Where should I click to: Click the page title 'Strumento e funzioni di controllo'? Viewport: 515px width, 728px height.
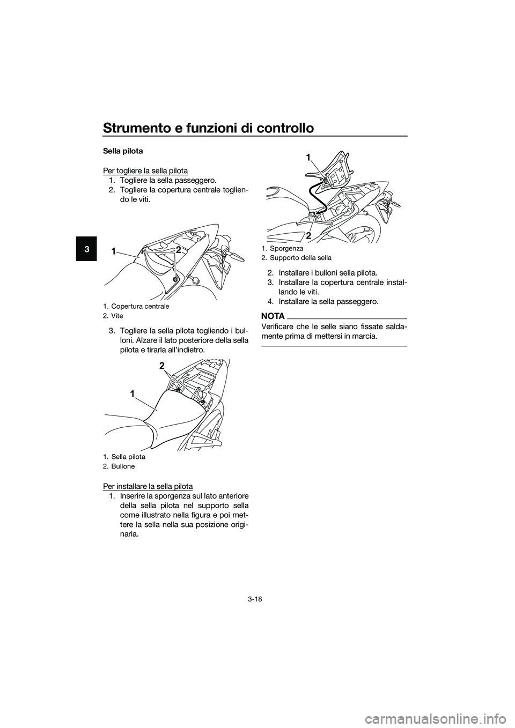(208, 128)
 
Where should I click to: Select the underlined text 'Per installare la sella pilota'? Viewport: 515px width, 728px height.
(148, 486)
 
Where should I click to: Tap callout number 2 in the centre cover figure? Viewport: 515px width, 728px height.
(178, 250)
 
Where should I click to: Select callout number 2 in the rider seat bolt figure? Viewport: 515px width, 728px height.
(161, 366)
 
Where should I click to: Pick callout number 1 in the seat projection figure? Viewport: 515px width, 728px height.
(308, 157)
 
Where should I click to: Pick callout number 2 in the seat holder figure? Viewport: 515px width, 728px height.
(308, 234)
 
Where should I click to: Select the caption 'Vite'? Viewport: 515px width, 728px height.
(117, 316)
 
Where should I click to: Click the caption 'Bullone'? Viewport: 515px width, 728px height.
(123, 466)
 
